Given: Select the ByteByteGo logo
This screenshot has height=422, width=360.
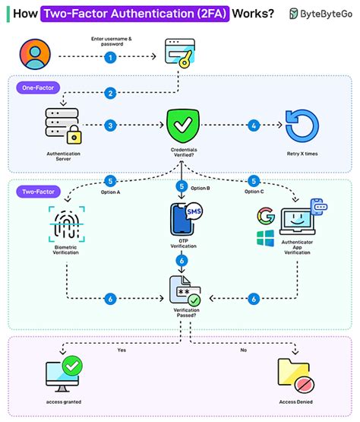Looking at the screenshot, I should click(x=320, y=14).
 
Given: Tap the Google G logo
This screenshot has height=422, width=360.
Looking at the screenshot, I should click(x=265, y=215).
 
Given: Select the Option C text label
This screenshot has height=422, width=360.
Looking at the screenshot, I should click(x=254, y=191).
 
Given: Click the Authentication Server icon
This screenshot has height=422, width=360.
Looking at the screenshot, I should click(x=59, y=126).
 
